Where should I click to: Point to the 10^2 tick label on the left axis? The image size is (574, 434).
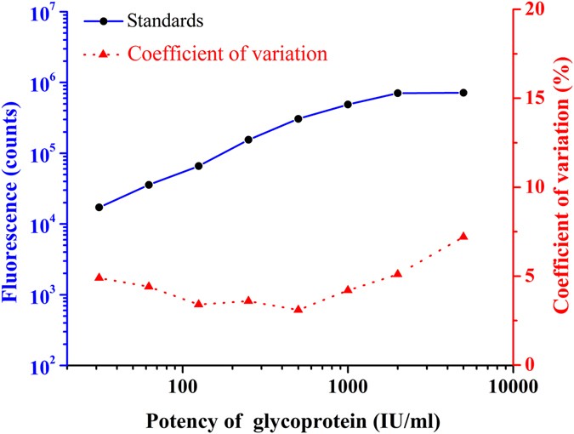tap(43, 367)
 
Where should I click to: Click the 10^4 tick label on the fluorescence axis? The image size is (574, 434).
tap(43, 226)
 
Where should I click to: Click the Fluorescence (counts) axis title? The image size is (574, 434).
tap(12, 189)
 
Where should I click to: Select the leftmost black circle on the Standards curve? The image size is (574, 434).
tap(99, 207)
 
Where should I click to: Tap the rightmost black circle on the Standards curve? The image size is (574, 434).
tap(463, 92)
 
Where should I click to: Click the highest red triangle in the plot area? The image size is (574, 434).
tap(463, 236)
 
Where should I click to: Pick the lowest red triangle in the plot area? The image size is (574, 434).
tap(298, 309)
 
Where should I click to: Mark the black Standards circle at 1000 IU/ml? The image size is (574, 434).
tap(348, 105)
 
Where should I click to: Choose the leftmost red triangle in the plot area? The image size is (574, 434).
tap(99, 277)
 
